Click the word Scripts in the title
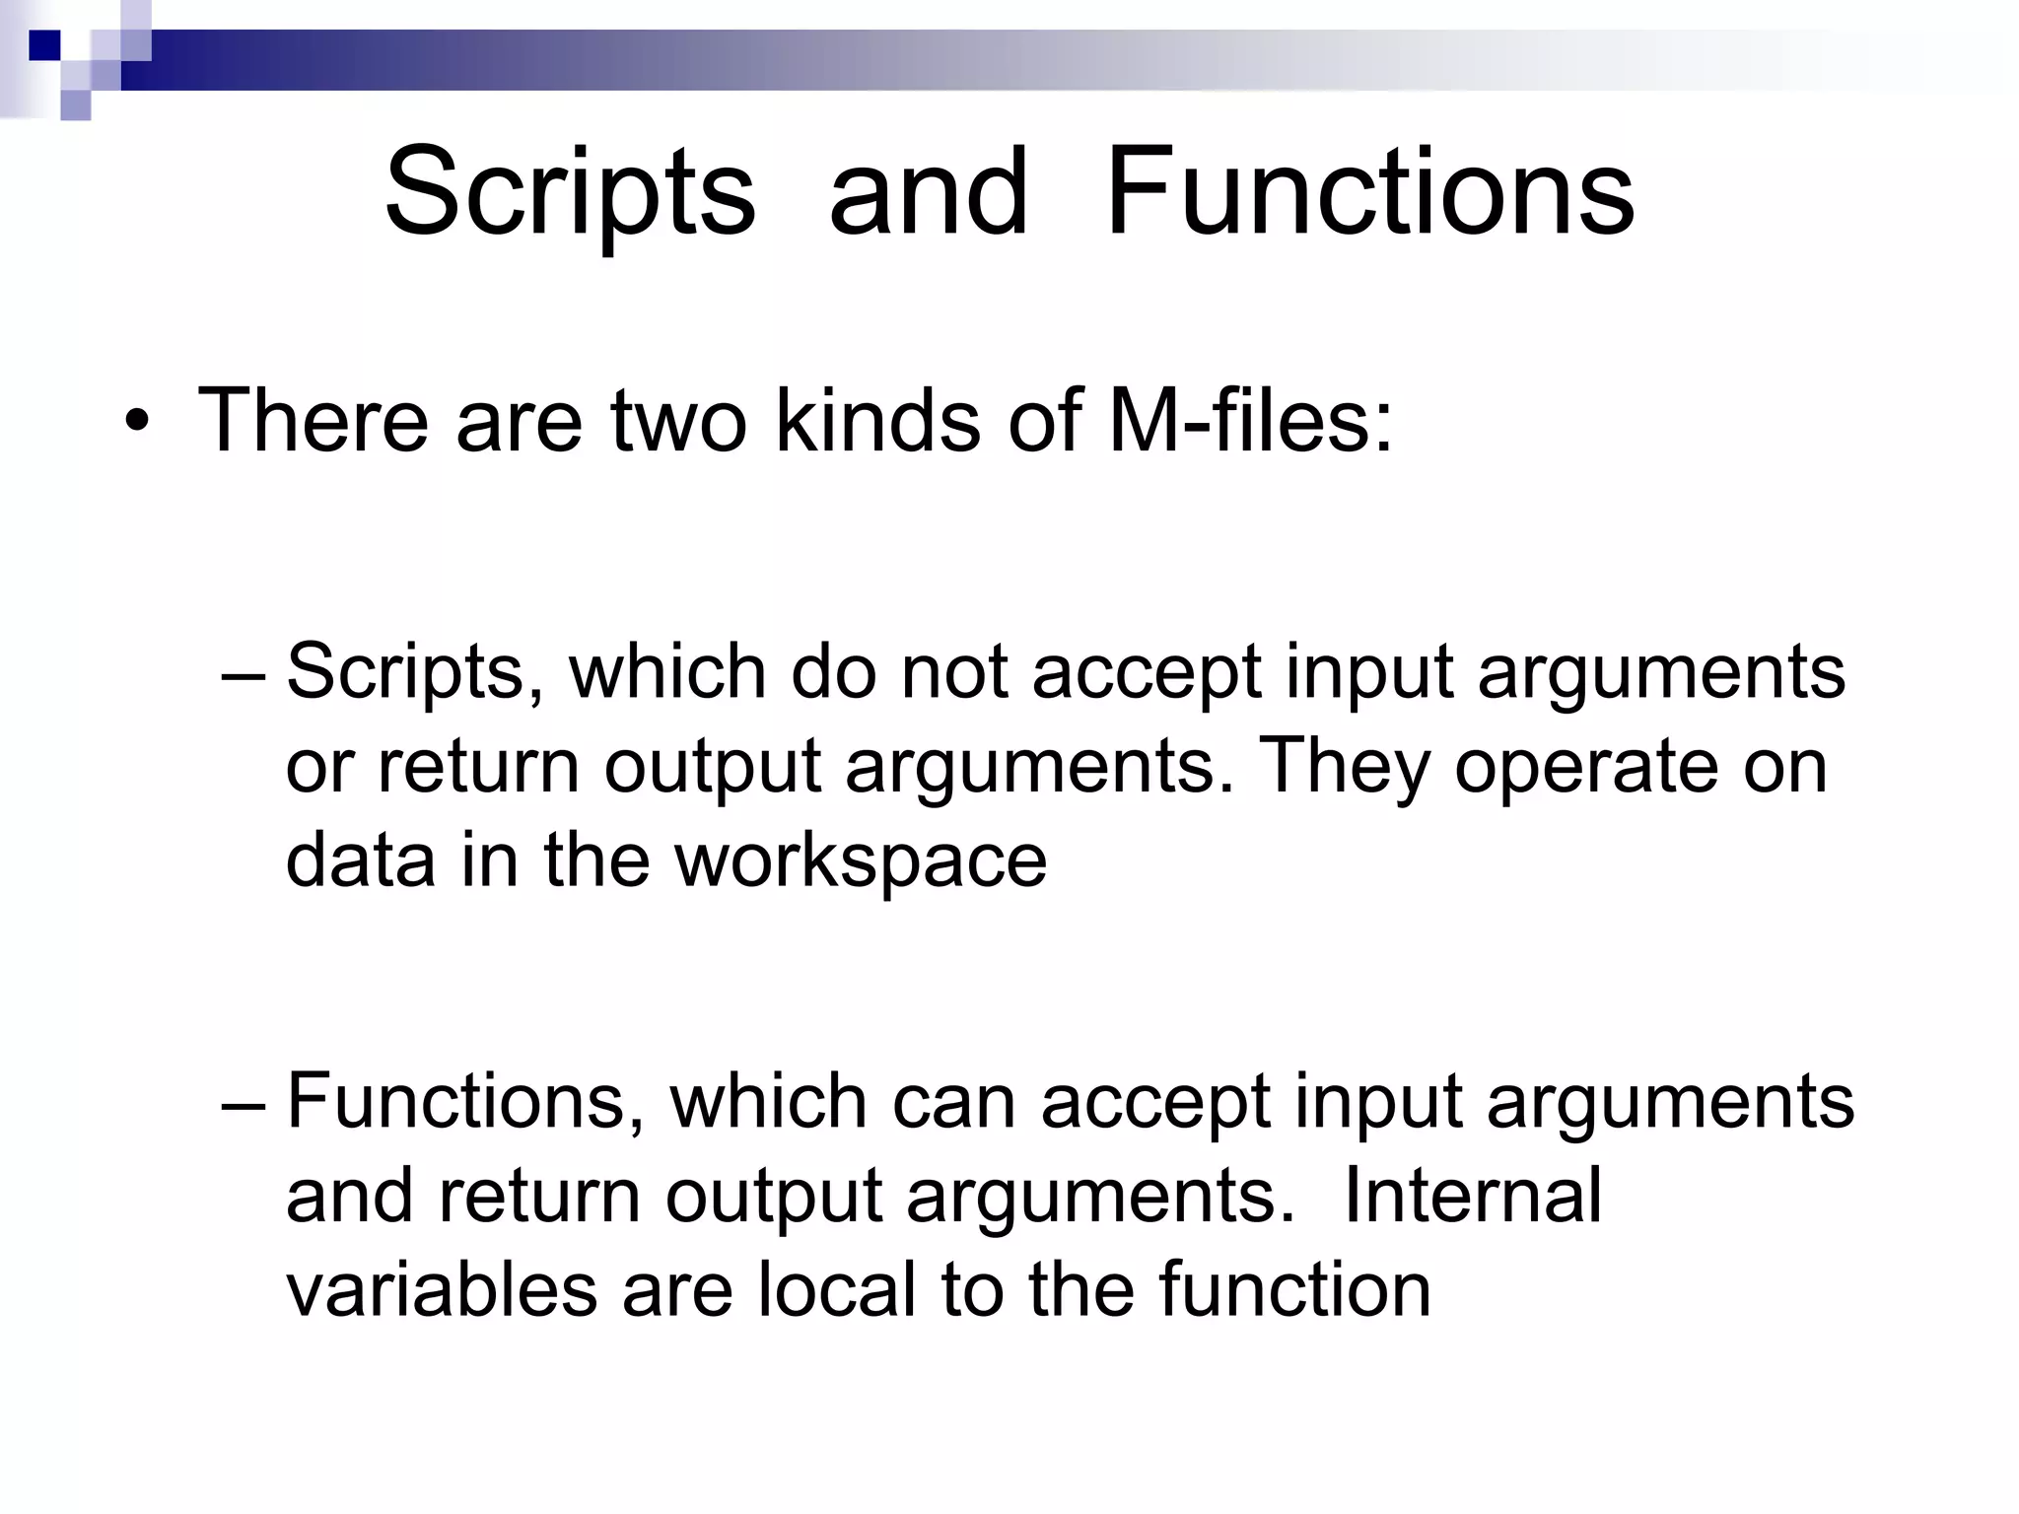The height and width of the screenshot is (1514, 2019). click(570, 193)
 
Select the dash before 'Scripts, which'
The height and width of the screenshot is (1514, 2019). click(244, 674)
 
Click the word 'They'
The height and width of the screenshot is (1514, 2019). click(1345, 767)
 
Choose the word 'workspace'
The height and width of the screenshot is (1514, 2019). click(861, 860)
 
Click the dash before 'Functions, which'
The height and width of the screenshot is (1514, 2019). click(244, 1104)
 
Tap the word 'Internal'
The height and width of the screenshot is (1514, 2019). click(1473, 1196)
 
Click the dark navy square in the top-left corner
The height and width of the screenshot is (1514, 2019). click(44, 45)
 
